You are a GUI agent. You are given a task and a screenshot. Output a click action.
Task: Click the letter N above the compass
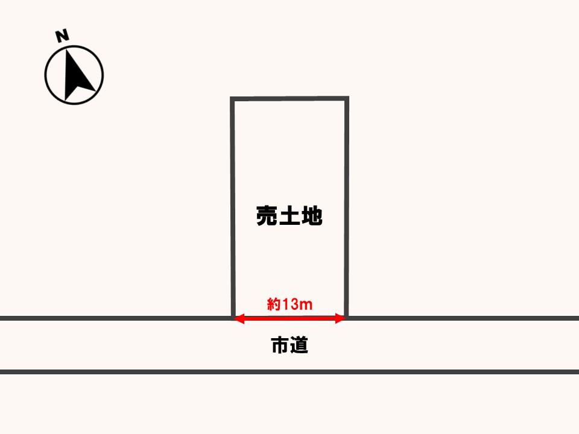[x=62, y=36]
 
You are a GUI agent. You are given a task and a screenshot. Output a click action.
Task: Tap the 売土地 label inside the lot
[x=289, y=216]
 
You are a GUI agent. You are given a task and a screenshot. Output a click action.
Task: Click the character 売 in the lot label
[x=267, y=216]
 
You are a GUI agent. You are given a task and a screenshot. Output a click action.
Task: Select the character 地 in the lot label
[x=312, y=216]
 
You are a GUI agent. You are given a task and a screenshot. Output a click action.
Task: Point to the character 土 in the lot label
[x=289, y=216]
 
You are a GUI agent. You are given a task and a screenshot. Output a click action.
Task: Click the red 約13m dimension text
[x=290, y=304]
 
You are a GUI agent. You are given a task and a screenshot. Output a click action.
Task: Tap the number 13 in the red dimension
[x=290, y=304]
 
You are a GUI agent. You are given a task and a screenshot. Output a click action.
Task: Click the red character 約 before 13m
[x=274, y=304]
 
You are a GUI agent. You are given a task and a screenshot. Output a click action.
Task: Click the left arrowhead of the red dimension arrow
[x=239, y=318]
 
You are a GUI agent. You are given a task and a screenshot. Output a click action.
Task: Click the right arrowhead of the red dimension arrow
[x=340, y=318]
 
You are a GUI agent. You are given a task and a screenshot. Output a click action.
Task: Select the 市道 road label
[x=290, y=345]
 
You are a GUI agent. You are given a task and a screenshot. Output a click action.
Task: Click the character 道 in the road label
[x=299, y=345]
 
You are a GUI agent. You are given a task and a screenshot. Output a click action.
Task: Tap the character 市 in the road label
[x=280, y=345]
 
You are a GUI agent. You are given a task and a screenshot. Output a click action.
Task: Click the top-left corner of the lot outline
[x=232, y=98]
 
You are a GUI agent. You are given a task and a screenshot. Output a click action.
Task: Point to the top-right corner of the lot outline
[x=347, y=98]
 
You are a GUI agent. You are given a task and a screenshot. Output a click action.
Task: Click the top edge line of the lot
[x=289, y=98]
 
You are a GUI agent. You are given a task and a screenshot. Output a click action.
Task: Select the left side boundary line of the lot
[x=233, y=207]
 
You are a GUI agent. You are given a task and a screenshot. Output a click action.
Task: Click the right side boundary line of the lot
[x=347, y=207]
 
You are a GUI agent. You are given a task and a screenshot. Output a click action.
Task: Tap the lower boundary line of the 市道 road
[x=289, y=372]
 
